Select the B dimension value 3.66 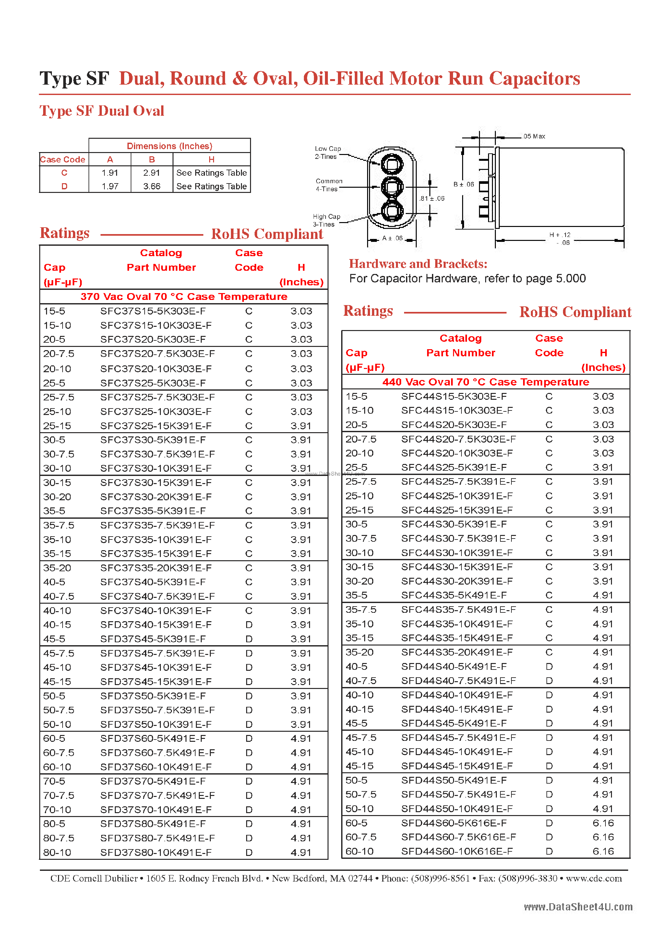(x=151, y=186)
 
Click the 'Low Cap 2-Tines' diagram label (x=328, y=152)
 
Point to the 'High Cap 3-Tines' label (x=326, y=220)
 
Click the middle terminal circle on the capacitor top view (x=392, y=187)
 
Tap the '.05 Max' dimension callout (x=534, y=136)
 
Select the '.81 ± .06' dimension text (x=432, y=199)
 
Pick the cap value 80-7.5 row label (x=58, y=838)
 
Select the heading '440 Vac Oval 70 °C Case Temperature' (x=485, y=382)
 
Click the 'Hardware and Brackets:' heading (x=418, y=264)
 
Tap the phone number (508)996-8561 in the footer (x=440, y=878)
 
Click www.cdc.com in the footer (x=593, y=878)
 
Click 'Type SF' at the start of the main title (x=74, y=78)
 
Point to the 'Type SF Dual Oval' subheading (x=102, y=111)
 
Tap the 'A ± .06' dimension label (x=392, y=238)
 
